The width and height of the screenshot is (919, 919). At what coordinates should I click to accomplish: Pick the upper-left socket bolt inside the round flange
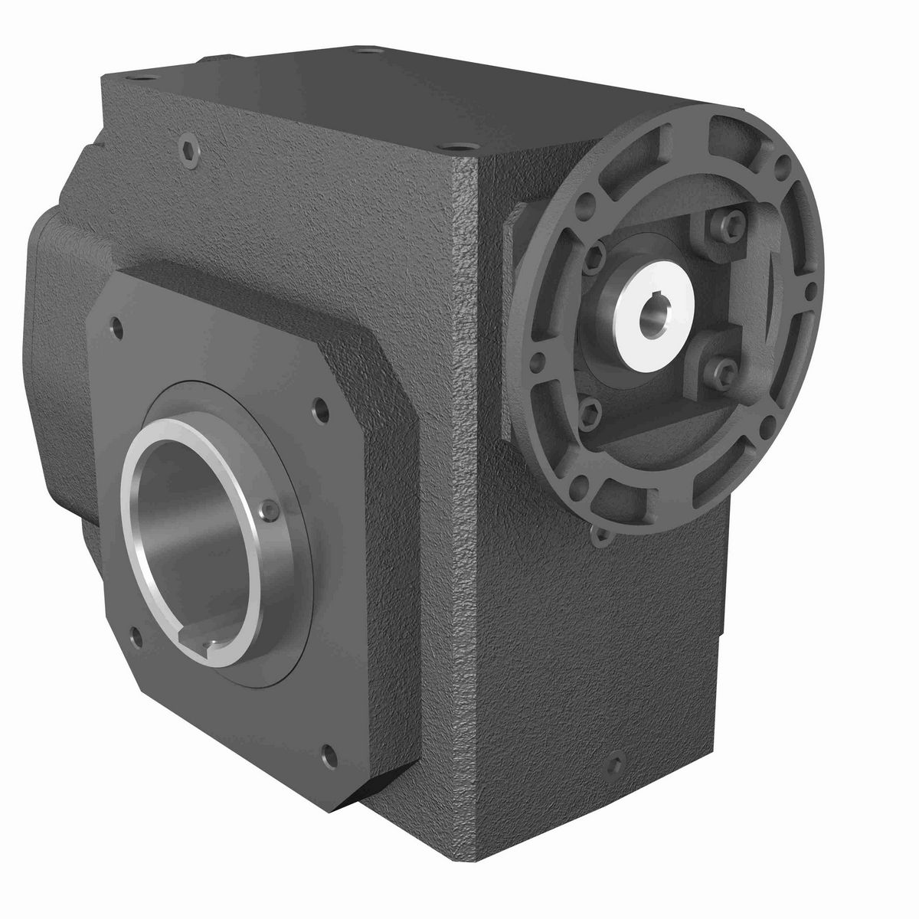[598, 257]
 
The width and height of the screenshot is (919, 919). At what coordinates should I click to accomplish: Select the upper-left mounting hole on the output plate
[116, 327]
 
